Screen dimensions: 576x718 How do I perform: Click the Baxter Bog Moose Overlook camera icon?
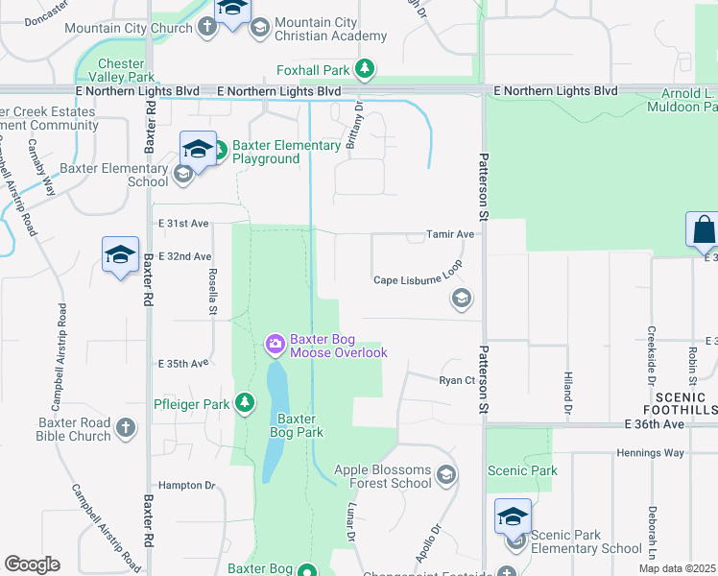pos(275,344)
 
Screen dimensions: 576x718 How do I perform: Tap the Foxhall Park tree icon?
pos(364,69)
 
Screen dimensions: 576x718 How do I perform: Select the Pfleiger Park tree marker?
pos(246,403)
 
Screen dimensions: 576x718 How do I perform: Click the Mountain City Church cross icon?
pos(207,27)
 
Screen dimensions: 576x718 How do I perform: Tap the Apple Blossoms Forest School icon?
pos(445,474)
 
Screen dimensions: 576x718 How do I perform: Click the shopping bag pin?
pos(703,230)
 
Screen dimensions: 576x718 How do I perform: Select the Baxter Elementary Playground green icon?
pos(219,151)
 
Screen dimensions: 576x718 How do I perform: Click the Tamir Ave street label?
pos(451,234)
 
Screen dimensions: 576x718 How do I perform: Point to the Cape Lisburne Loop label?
pos(418,279)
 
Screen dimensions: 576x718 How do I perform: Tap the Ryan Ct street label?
pos(457,380)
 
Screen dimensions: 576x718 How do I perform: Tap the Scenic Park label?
pos(522,470)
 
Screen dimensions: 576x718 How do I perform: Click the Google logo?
pos(32,564)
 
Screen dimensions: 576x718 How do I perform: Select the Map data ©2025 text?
pos(676,568)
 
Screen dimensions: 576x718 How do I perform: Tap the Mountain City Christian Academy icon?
pos(259,29)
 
